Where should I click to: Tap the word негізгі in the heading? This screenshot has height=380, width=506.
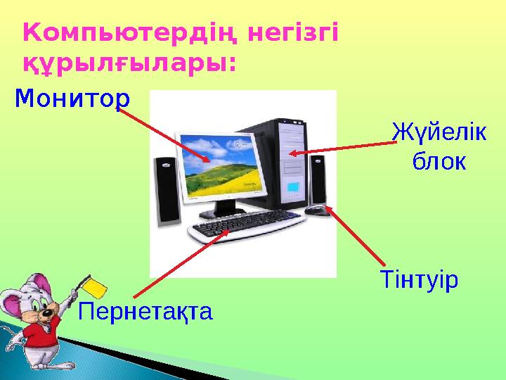coord(296,32)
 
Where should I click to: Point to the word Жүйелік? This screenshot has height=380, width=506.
coord(437,132)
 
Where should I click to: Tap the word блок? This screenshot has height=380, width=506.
coord(437,162)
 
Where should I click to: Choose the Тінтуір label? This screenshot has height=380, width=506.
coord(419,280)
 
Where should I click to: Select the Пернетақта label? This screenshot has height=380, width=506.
coord(145,310)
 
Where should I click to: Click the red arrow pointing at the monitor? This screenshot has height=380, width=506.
coord(169,134)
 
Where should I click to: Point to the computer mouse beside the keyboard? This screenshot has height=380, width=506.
coord(317,209)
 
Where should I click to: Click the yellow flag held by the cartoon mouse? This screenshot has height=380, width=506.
coord(92,286)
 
